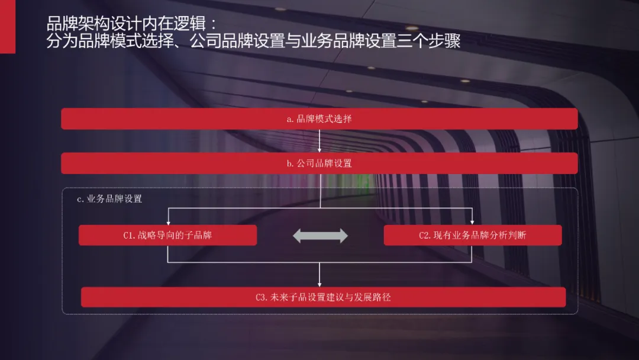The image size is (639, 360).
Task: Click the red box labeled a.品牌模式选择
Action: (319, 118)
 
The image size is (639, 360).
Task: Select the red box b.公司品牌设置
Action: (319, 163)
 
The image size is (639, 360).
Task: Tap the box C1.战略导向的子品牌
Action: (167, 235)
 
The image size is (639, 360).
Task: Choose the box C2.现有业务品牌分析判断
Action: (473, 235)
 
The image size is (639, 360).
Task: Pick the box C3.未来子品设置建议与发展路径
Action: (323, 297)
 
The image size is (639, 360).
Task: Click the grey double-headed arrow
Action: (320, 235)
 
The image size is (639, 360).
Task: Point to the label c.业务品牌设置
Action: (109, 199)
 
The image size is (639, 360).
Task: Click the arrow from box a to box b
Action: (319, 141)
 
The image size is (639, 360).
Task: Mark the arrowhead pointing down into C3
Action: (319, 284)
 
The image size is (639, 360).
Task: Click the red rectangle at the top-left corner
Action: (7, 27)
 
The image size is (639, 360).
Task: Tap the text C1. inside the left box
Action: (130, 236)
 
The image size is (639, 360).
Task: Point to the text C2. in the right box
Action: (425, 236)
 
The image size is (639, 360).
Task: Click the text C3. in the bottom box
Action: (262, 297)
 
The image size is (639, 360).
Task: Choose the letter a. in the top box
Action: (291, 119)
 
